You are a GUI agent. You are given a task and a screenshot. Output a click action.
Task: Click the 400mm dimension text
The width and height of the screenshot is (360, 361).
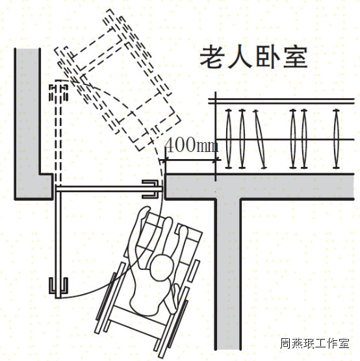point(192,145)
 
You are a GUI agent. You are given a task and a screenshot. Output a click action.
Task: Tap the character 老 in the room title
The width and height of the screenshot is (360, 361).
point(212,57)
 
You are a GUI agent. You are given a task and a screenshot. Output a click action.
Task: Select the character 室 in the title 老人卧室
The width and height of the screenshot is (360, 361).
point(295,57)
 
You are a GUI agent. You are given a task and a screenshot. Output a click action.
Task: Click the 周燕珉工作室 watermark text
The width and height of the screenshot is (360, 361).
point(315,343)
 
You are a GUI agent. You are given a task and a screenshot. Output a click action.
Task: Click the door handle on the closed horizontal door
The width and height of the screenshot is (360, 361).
point(150,189)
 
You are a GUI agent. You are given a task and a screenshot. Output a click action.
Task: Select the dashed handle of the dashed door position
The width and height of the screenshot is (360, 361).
point(58,93)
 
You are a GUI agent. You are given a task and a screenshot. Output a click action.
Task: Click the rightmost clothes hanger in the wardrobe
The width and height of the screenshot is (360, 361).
point(336,139)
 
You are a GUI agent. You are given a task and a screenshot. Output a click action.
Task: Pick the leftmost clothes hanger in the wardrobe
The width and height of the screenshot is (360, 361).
point(228,139)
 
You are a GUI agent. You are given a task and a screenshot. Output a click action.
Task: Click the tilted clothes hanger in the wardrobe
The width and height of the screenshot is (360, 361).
point(260,139)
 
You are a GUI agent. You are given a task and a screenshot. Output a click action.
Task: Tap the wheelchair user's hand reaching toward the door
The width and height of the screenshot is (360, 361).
point(144,213)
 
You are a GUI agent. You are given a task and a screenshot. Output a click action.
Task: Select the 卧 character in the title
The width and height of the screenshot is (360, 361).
point(267,57)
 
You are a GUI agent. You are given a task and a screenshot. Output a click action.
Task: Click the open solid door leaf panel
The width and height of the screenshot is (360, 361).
point(58,242)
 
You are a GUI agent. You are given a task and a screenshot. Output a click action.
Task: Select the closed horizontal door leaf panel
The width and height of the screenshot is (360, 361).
point(109,189)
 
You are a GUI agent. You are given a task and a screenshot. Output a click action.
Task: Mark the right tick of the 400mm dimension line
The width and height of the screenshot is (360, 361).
point(216,160)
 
